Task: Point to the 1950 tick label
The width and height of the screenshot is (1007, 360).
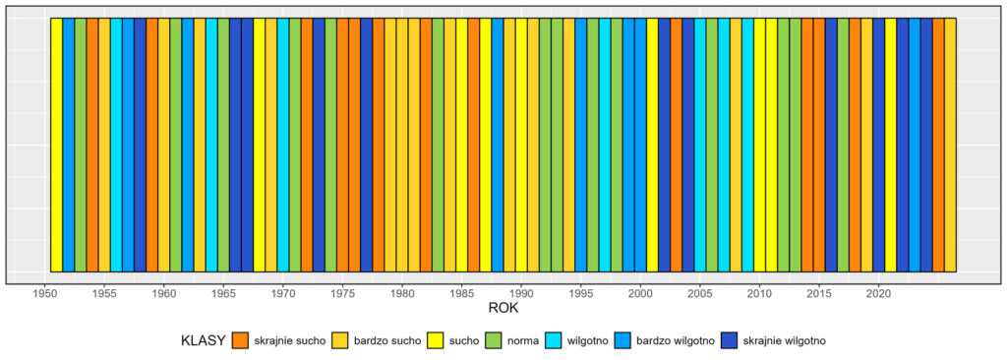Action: (45, 292)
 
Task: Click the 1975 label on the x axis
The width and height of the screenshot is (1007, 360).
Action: (342, 292)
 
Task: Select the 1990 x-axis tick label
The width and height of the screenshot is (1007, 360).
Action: (521, 292)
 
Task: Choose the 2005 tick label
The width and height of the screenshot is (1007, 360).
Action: (700, 292)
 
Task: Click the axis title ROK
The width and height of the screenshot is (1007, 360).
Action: (503, 309)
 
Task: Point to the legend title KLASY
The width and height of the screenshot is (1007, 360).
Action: (204, 340)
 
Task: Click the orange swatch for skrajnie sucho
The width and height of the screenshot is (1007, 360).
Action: (241, 340)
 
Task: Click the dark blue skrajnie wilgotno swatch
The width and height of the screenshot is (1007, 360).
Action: (731, 340)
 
